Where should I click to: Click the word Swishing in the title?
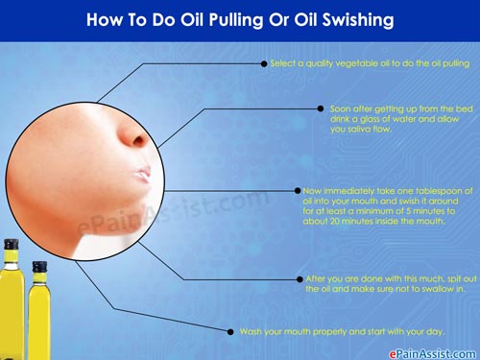(x=358, y=20)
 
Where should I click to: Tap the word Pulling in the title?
(x=236, y=20)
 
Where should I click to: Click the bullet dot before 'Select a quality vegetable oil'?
(x=264, y=64)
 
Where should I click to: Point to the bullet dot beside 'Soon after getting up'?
(x=321, y=108)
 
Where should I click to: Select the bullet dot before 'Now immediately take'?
(x=298, y=191)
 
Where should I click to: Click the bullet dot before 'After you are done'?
(x=300, y=279)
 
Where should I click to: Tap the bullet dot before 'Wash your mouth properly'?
(x=230, y=332)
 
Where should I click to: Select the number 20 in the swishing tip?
(x=334, y=221)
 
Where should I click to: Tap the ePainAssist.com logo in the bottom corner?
(x=432, y=354)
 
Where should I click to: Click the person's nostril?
(x=139, y=141)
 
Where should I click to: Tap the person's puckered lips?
(x=143, y=175)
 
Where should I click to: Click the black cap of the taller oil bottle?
(x=12, y=245)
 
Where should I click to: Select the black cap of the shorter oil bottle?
(x=39, y=267)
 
